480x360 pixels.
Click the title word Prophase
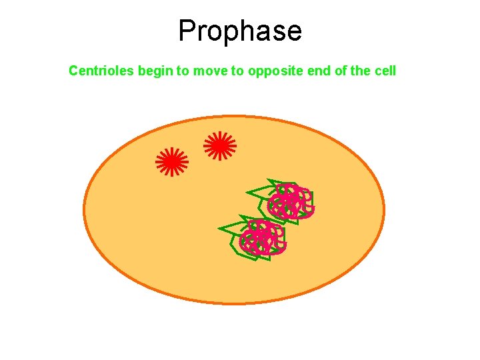(x=240, y=31)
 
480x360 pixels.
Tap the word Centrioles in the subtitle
(x=102, y=70)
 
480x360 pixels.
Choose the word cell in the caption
(x=384, y=70)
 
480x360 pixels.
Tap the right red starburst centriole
(x=219, y=145)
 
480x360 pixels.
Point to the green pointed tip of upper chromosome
(x=248, y=193)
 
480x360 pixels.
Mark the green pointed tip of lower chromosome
(x=220, y=229)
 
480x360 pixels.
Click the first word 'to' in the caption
(x=182, y=70)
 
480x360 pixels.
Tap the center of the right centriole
(x=219, y=145)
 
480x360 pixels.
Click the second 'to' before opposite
(x=237, y=70)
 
